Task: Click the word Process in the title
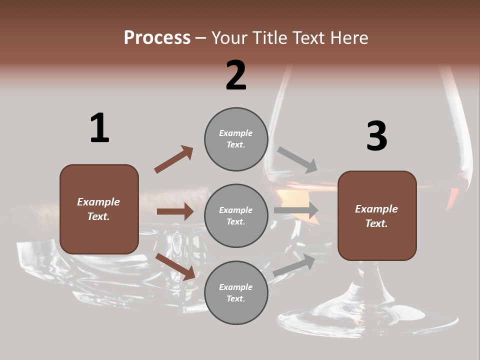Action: tap(157, 38)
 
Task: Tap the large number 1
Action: tap(99, 128)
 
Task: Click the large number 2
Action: tap(236, 75)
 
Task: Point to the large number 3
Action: tap(376, 136)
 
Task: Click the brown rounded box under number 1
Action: tap(99, 209)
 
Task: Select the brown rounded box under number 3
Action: tap(377, 216)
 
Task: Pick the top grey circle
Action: tap(236, 139)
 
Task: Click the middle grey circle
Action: tap(236, 216)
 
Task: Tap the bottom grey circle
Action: tap(236, 293)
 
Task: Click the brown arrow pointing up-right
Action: tap(174, 159)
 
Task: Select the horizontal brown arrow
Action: tap(175, 211)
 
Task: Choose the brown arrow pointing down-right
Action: tap(175, 266)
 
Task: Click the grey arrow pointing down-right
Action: tap(297, 159)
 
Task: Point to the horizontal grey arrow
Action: tap(296, 210)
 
